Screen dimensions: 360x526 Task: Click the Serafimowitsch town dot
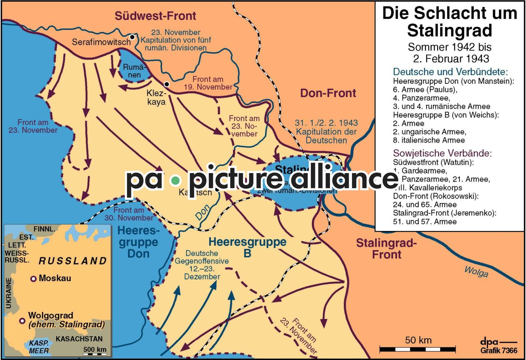(x=132, y=37)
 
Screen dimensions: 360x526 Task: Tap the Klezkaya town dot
(x=166, y=84)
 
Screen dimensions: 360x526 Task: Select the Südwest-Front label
(x=155, y=16)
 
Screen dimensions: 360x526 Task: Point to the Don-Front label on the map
(x=328, y=93)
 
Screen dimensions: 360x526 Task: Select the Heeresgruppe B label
(x=247, y=247)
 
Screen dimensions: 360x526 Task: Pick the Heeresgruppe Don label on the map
(x=138, y=242)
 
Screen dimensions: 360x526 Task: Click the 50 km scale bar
(x=418, y=349)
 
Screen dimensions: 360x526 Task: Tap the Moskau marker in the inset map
(x=33, y=279)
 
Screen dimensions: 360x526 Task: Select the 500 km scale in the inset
(x=95, y=352)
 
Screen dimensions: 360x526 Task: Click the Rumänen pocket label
(x=132, y=70)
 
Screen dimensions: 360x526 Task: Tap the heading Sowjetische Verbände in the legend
(x=442, y=153)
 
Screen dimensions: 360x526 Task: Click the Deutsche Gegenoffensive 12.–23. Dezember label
(x=202, y=265)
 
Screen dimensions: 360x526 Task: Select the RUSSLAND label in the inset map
(x=72, y=261)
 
